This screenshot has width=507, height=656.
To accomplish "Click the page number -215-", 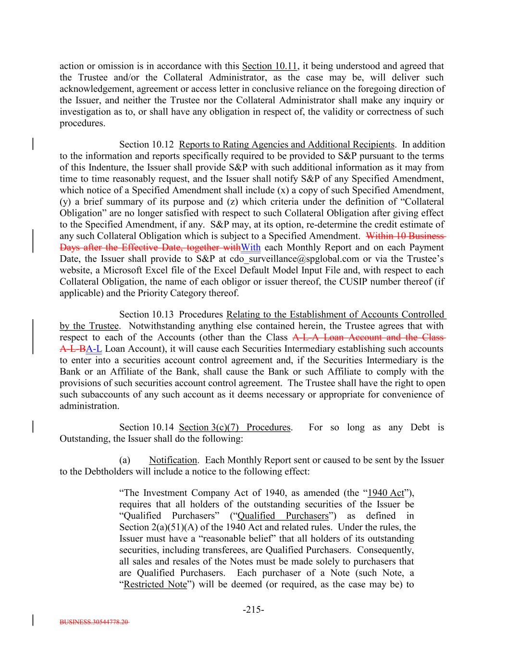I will click(x=253, y=610).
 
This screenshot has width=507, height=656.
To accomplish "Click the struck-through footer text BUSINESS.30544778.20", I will click(x=94, y=621).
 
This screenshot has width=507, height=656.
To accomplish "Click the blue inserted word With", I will click(x=250, y=248).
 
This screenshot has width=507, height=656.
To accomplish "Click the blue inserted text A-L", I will click(x=94, y=349).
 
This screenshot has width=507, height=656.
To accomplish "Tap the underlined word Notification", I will click(x=173, y=460).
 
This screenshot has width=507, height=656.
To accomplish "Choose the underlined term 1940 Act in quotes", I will click(x=385, y=493).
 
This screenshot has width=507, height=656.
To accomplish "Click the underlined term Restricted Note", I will click(x=155, y=584).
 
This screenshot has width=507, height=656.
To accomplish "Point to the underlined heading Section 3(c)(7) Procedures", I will click(x=235, y=427).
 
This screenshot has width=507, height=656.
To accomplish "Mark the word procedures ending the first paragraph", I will click(x=81, y=123).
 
